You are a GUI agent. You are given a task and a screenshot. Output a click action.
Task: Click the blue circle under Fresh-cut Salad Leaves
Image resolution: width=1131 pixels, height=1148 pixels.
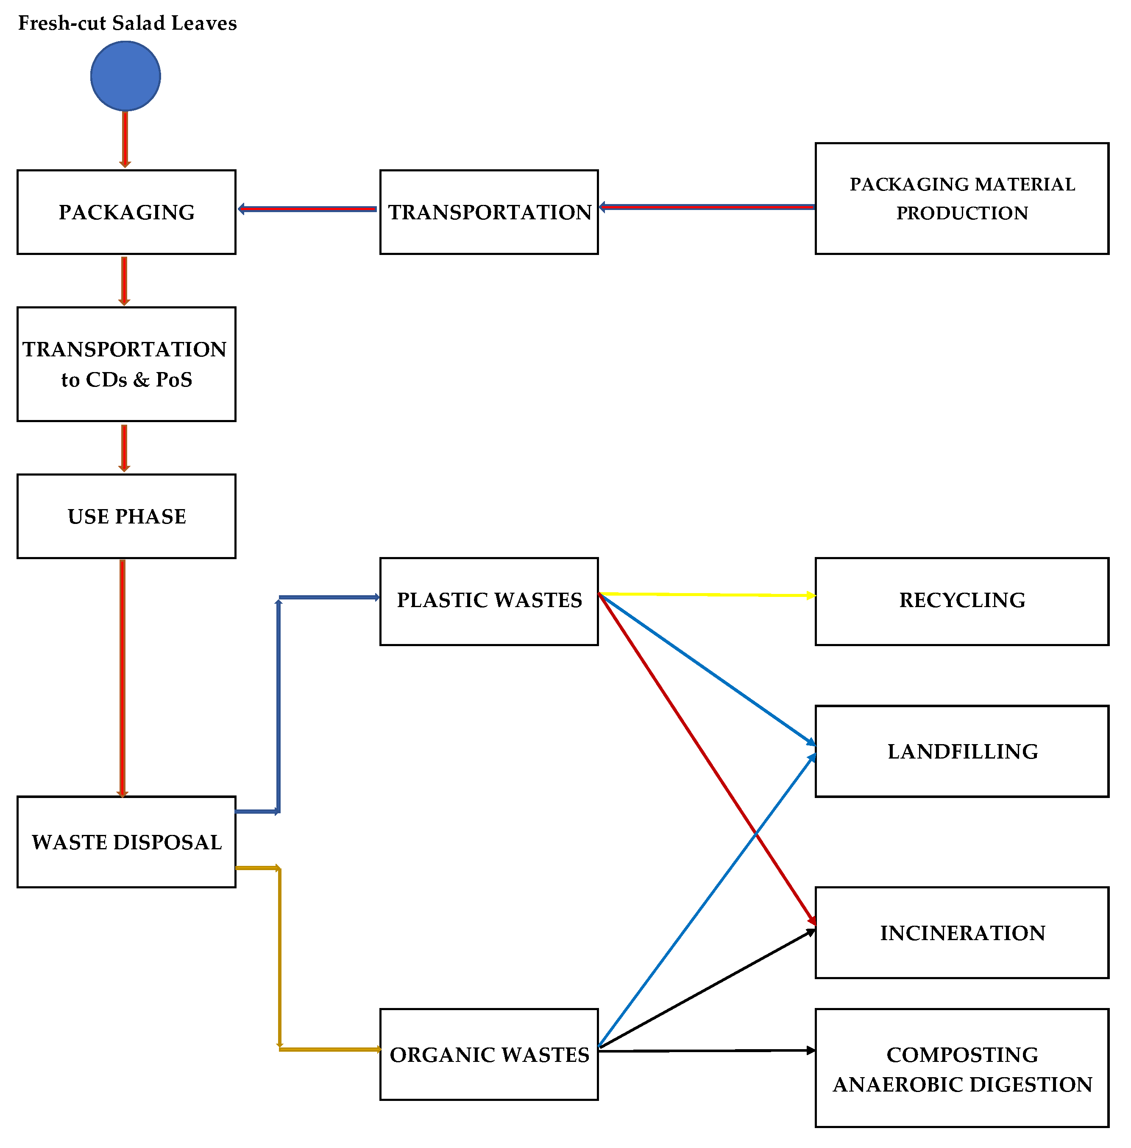click(125, 76)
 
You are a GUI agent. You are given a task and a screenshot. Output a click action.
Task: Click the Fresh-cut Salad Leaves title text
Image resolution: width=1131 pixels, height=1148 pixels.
click(127, 23)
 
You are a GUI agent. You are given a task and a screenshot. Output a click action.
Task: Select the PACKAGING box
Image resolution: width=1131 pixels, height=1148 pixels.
click(126, 212)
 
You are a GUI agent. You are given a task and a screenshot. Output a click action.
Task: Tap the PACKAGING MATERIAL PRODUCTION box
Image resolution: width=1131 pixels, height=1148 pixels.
click(961, 199)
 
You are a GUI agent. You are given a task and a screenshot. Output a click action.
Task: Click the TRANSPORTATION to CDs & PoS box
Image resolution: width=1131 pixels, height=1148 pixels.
click(126, 364)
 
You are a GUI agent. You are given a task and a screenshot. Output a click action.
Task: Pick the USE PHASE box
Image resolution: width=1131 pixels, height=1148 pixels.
click(126, 516)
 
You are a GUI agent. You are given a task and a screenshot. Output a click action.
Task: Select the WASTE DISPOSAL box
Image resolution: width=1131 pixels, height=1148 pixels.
click(126, 841)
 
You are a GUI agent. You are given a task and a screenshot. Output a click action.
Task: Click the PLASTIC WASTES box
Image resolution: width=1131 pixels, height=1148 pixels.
click(489, 601)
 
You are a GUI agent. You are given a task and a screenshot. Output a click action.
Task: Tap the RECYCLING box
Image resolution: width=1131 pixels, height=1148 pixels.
click(961, 601)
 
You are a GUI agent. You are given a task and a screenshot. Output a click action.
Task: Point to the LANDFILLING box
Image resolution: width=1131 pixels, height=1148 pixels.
click(961, 751)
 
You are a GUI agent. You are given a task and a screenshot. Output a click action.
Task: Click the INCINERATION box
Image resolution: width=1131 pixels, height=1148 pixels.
click(961, 932)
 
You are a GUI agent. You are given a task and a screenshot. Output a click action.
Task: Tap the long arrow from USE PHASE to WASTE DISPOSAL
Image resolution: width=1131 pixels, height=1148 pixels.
click(123, 678)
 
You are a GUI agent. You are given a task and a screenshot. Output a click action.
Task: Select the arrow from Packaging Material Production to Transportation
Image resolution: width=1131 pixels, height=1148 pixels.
click(707, 207)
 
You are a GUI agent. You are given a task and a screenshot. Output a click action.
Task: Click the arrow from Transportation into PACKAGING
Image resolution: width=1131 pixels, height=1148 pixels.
click(307, 209)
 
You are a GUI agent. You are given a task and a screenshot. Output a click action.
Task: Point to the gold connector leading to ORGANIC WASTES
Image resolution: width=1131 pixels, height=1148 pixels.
click(279, 963)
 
